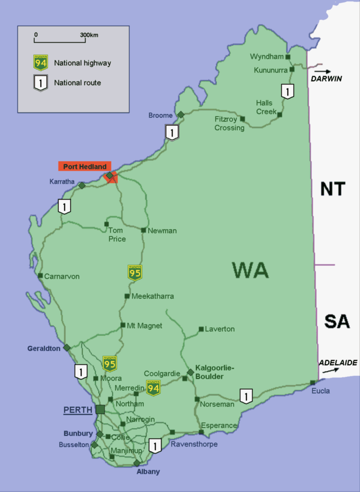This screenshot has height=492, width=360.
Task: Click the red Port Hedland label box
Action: (x=85, y=166)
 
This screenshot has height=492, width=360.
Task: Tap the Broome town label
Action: (x=161, y=116)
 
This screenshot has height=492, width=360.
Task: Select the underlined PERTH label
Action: (x=78, y=410)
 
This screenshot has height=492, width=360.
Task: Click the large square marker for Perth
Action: (x=100, y=409)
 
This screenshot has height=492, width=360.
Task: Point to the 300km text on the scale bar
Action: (x=89, y=35)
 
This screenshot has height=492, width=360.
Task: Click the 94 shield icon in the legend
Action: (x=41, y=63)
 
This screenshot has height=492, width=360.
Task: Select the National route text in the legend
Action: (x=77, y=83)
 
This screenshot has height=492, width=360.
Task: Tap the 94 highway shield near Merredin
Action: (x=153, y=388)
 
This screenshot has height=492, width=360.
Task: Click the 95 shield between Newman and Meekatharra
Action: (x=135, y=273)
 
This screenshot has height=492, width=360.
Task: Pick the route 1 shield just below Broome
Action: (x=172, y=132)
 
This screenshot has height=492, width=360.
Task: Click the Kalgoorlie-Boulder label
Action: (x=215, y=372)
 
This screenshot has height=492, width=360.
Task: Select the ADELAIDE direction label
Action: (x=338, y=362)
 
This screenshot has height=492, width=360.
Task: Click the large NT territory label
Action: (x=333, y=189)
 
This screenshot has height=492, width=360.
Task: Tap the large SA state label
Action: (x=337, y=321)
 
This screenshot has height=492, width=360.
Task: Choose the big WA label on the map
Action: (x=251, y=270)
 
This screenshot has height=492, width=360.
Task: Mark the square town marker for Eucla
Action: (x=312, y=383)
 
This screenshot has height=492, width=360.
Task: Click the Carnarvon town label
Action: (x=62, y=276)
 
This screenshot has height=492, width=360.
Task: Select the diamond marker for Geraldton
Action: (x=67, y=347)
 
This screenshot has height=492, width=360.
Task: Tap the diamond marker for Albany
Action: (x=137, y=463)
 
